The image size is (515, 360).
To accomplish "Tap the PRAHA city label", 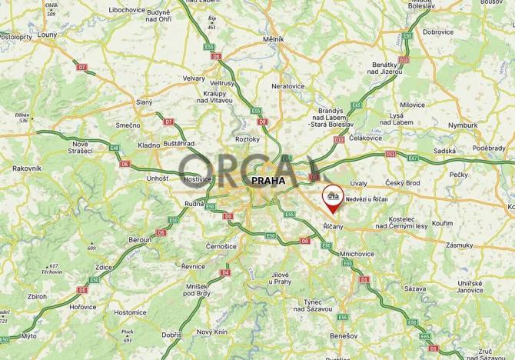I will (x=267, y=181).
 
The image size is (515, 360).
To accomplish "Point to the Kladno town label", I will (x=149, y=145).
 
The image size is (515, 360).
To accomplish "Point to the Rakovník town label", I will (x=26, y=168).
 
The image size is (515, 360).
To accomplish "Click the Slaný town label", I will (x=144, y=102).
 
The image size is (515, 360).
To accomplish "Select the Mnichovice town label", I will (x=356, y=253).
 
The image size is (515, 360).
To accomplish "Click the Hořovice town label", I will (x=83, y=306).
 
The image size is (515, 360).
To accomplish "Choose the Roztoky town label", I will (x=248, y=139).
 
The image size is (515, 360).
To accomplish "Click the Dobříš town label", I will (x=171, y=335).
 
